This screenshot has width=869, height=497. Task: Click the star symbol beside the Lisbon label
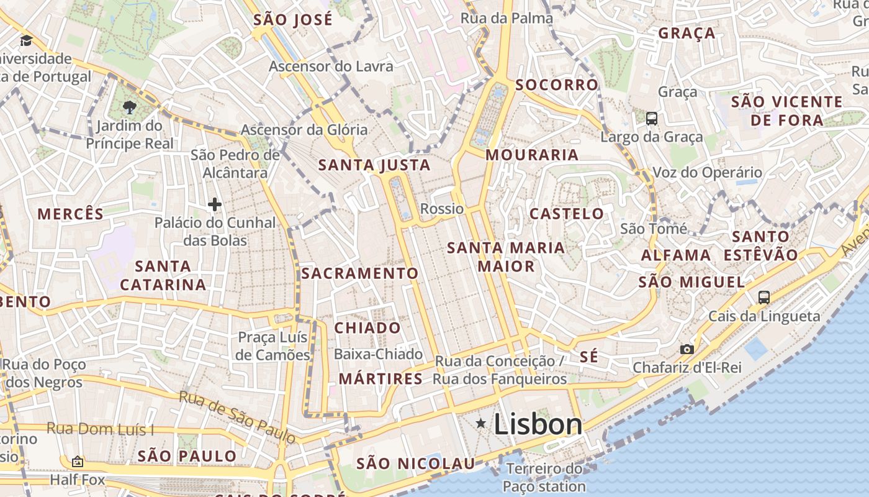coord(480,424)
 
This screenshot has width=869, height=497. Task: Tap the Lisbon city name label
coord(538,425)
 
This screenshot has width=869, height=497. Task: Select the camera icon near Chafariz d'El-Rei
coord(687,350)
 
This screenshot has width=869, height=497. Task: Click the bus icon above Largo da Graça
coord(652,119)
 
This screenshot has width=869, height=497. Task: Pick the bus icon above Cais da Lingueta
coord(764,298)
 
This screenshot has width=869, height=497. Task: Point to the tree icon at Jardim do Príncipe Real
coord(129,107)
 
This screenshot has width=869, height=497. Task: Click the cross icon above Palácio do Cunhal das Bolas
coord(215,204)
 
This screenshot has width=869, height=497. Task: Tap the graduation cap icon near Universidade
coord(26,41)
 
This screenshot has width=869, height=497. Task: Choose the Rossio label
coord(442,209)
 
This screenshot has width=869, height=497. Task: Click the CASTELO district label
coord(567,214)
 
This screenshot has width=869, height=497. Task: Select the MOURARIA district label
coord(532,155)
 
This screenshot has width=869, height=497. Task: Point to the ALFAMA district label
coord(676,255)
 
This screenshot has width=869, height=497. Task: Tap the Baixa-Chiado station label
coord(378,354)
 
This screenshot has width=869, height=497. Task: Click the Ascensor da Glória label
coord(304,130)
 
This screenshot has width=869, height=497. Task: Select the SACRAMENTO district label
coord(360,273)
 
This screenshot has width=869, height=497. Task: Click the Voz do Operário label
coord(707,173)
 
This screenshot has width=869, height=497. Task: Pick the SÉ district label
coord(589,357)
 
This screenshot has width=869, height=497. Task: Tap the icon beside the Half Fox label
coord(78,462)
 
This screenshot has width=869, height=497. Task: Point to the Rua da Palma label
coord(507,19)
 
